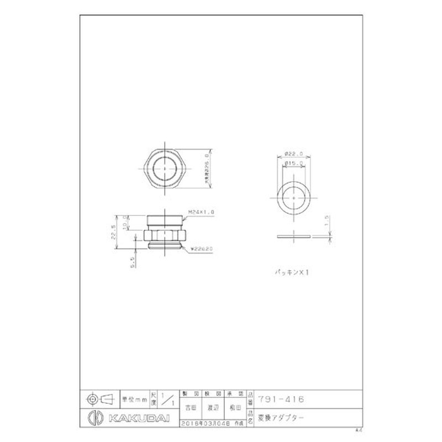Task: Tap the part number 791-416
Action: click(281, 398)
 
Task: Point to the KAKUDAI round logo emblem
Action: click(94, 416)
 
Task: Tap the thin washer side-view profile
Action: click(293, 237)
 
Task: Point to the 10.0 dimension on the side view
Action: click(125, 221)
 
